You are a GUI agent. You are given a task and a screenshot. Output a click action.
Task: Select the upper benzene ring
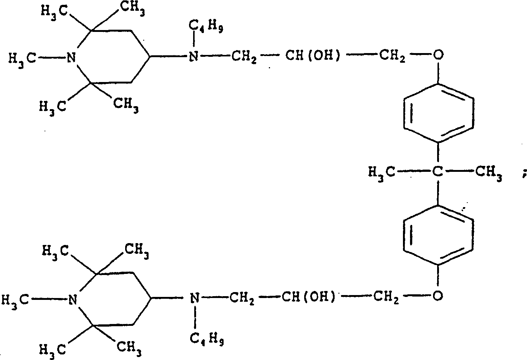coord(438,112)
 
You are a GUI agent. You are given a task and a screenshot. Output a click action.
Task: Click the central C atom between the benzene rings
coord(439,172)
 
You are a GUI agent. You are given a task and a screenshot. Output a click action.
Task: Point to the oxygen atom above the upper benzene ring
coord(439,56)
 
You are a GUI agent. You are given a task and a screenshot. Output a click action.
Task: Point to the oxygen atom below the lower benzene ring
coord(438,295)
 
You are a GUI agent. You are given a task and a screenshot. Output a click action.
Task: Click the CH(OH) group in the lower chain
coord(308,297)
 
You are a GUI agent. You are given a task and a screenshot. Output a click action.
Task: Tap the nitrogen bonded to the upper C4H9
coord(192,56)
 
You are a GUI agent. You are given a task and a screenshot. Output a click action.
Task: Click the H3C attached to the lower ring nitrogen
coord(16,300)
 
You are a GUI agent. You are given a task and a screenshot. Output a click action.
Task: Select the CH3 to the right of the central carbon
coord(489,173)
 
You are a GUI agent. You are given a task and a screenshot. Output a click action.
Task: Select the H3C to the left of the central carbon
coord(381,172)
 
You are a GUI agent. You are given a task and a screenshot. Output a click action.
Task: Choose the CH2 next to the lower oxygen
coord(388,297)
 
